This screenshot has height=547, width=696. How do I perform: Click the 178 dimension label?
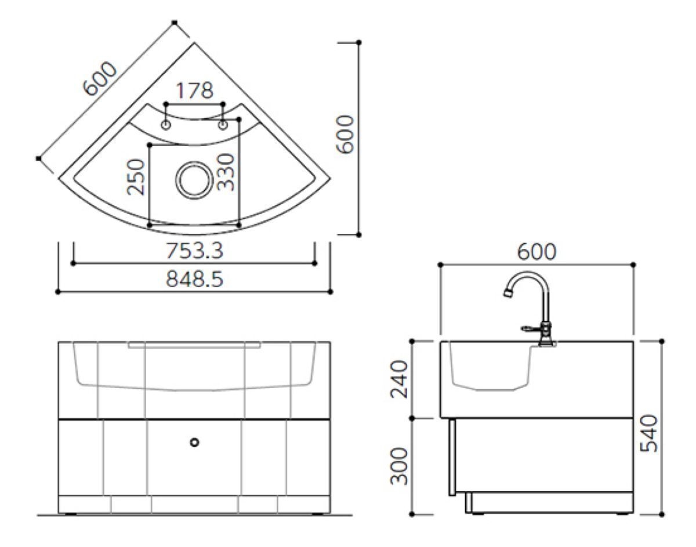pos(195,90)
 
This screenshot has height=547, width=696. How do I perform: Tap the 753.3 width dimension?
pos(194,251)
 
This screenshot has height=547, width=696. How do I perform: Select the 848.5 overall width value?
pos(194,279)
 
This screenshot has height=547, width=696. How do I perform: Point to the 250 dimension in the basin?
pos(136,177)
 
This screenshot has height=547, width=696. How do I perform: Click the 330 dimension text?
pos(226,172)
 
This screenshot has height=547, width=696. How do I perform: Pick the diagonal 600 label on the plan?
pos(100,78)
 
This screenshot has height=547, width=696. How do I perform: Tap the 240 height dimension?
pos(399,379)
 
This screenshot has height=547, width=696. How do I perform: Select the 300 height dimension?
pos(399,466)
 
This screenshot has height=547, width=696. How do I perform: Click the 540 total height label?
pos(649,433)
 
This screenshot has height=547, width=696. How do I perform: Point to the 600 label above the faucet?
pos(537,252)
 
